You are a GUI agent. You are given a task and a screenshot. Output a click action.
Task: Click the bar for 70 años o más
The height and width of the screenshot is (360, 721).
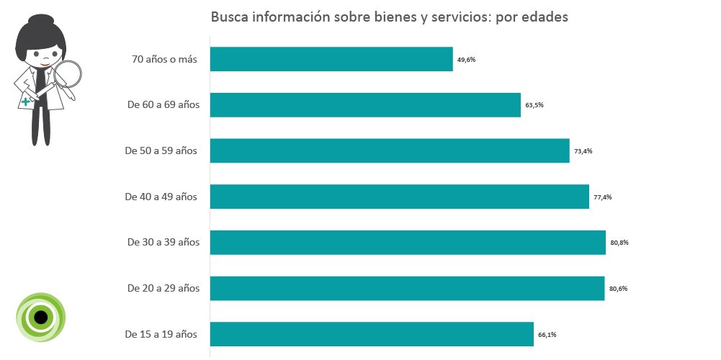tap(331, 59)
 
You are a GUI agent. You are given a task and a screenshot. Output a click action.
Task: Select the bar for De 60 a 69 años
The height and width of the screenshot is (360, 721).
tap(365, 105)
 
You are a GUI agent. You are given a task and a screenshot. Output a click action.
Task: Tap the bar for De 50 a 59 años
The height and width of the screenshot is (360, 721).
tap(390, 150)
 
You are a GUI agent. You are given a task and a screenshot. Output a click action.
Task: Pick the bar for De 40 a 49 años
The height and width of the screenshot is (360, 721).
tap(399, 197)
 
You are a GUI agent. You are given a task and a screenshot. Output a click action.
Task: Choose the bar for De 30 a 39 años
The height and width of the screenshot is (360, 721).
tap(408, 243)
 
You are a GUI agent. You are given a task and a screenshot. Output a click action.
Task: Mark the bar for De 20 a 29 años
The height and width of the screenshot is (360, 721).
tap(407, 289)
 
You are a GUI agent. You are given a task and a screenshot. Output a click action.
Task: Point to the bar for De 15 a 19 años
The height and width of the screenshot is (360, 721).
tap(372, 334)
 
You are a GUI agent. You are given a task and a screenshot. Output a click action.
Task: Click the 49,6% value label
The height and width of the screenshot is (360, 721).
tap(466, 60)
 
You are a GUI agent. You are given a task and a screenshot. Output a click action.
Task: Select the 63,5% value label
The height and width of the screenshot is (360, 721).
tap(534, 105)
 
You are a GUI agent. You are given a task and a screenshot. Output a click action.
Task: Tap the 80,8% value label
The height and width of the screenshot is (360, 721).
tap(619, 243)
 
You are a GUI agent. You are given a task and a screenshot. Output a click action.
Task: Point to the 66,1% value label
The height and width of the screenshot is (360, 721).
tap(547, 334)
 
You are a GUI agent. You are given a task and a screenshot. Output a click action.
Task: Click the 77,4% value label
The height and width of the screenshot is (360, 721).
tap(602, 197)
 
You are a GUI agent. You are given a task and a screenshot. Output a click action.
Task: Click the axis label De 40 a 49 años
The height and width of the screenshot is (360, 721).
tap(161, 197)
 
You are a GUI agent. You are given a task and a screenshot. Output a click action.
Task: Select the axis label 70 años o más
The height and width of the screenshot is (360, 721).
tap(164, 59)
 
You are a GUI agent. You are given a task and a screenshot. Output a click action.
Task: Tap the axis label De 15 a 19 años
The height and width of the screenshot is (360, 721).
tap(161, 334)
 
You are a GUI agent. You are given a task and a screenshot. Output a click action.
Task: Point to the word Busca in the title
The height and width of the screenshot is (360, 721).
tap(229, 17)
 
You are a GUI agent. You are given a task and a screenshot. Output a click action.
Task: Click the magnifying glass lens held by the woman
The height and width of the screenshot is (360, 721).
tap(68, 75)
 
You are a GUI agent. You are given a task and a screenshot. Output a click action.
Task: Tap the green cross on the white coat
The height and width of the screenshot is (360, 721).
tap(27, 102)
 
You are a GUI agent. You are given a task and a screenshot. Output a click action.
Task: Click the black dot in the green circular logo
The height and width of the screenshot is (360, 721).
tap(41, 317)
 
